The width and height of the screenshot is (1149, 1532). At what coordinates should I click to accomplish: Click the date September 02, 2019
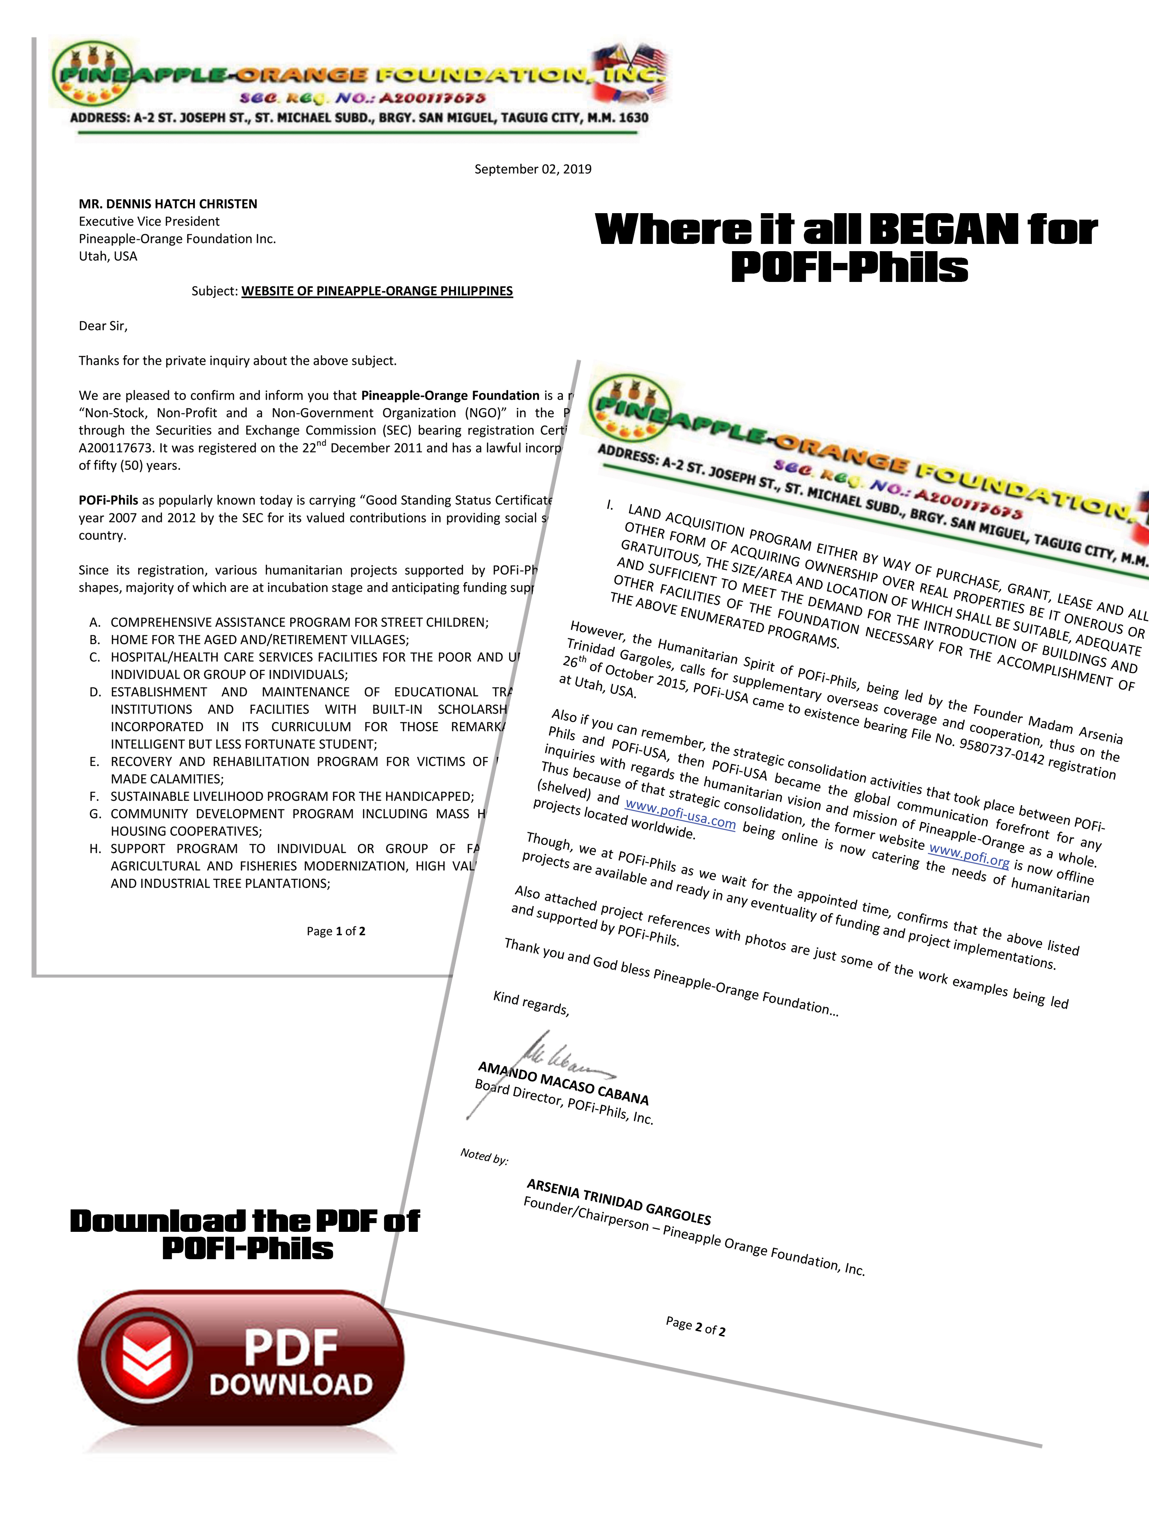533,169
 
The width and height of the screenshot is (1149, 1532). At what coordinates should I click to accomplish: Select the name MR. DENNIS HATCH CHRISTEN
168,204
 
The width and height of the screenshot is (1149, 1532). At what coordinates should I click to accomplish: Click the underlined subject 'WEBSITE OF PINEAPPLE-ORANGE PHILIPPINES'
377,291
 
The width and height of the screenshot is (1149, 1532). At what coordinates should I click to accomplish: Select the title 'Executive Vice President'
149,221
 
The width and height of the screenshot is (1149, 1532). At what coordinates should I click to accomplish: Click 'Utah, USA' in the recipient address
108,256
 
